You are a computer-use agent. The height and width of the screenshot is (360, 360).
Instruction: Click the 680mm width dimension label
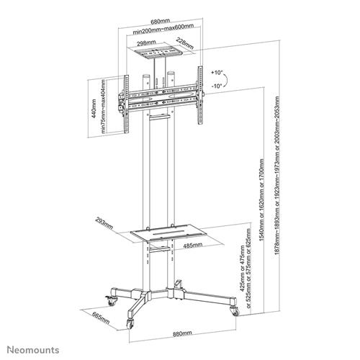pyautogui.click(x=160, y=22)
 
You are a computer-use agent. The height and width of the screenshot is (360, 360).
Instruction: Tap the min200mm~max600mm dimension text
pyautogui.click(x=163, y=29)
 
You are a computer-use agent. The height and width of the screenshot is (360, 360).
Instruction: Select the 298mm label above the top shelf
pyautogui.click(x=146, y=43)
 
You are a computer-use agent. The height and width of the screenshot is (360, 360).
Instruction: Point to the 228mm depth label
pyautogui.click(x=185, y=43)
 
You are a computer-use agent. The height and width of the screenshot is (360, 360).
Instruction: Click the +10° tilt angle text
pyautogui.click(x=217, y=73)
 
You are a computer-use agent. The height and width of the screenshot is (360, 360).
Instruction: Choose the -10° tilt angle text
pyautogui.click(x=217, y=86)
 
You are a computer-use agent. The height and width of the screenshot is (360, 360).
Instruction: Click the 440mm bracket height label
pyautogui.click(x=94, y=109)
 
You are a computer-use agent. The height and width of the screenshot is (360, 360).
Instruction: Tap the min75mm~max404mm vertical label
pyautogui.click(x=103, y=107)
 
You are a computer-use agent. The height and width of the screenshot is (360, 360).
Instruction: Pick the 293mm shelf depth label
pyautogui.click(x=104, y=223)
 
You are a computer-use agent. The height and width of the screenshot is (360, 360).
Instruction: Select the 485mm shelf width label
pyautogui.click(x=193, y=246)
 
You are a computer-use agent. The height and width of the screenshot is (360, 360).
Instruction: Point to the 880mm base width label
pyautogui.click(x=182, y=333)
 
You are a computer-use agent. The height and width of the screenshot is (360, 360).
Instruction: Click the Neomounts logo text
pyautogui.click(x=33, y=350)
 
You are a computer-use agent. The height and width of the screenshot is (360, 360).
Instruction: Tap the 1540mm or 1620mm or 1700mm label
pyautogui.click(x=261, y=199)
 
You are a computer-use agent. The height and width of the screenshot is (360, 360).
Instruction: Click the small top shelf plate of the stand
pyautogui.click(x=156, y=53)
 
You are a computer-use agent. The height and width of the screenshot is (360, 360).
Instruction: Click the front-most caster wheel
pyautogui.click(x=130, y=324)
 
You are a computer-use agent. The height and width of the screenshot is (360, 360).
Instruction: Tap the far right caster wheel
pyautogui.click(x=235, y=311)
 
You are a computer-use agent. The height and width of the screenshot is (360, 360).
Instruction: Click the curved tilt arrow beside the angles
pyautogui.click(x=226, y=79)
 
